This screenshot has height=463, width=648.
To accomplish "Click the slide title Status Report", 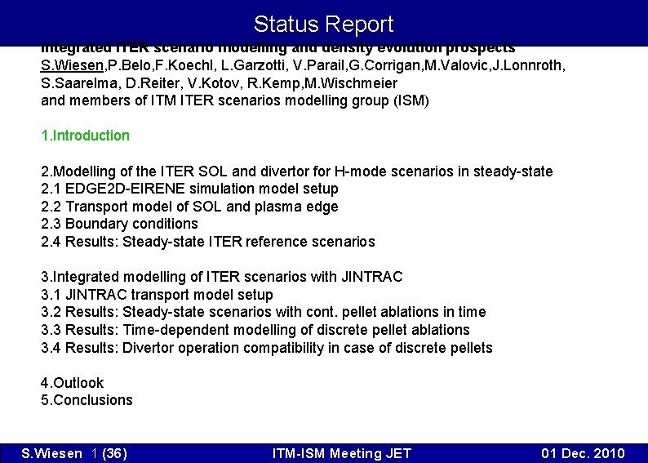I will pyautogui.click(x=323, y=24).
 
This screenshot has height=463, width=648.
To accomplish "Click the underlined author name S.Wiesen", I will pyautogui.click(x=72, y=65).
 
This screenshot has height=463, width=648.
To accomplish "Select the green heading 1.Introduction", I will pyautogui.click(x=85, y=136).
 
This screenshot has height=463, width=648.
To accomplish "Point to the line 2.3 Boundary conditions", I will pyautogui.click(x=119, y=224).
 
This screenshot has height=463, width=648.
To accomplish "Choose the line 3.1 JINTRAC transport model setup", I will pyautogui.click(x=157, y=295).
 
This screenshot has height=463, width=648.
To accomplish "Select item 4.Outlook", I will pyautogui.click(x=72, y=383).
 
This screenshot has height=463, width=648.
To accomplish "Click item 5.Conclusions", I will pyautogui.click(x=87, y=400).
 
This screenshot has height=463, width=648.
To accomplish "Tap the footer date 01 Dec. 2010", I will pyautogui.click(x=584, y=454).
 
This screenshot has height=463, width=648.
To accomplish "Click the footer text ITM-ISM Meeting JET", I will pyautogui.click(x=341, y=454).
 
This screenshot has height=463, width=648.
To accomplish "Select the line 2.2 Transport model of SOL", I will pyautogui.click(x=189, y=207).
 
